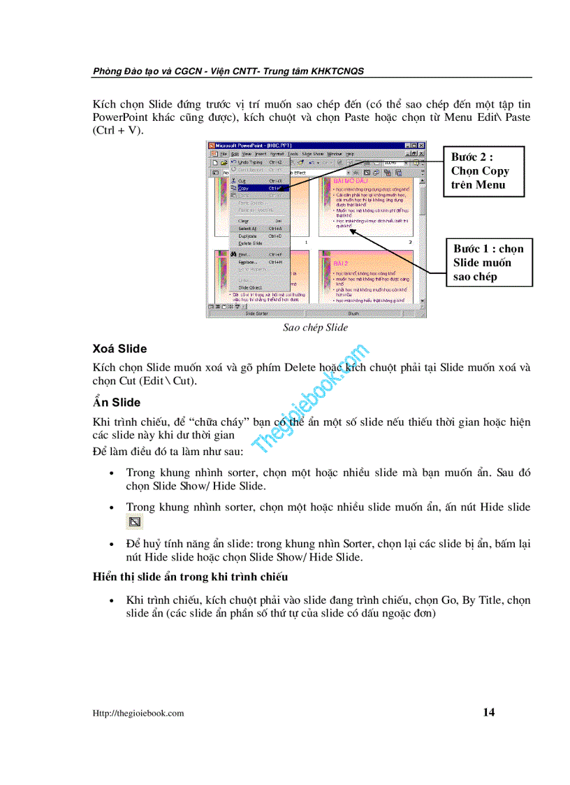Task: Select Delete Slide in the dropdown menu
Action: click(250, 243)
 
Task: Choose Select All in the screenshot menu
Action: click(248, 229)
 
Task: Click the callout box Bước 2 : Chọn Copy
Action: click(481, 171)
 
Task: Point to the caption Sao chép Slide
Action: click(315, 327)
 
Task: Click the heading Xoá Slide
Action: click(119, 348)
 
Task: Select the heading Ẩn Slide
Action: click(116, 402)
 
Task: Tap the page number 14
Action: click(488, 712)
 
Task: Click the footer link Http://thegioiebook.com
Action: click(138, 713)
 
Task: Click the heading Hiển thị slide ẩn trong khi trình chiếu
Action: click(190, 577)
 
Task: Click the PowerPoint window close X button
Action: click(421, 145)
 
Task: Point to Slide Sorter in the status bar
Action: click(256, 314)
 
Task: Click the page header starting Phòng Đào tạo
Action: click(228, 71)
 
